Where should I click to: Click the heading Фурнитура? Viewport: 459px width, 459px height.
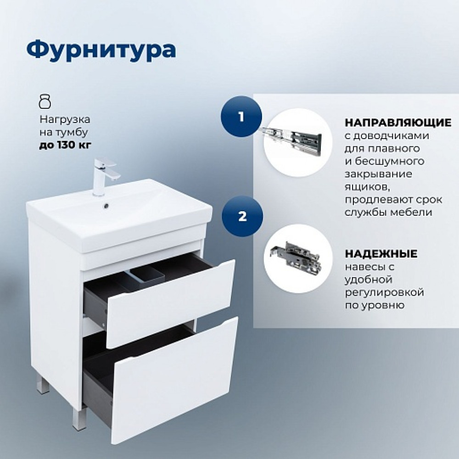(101, 50)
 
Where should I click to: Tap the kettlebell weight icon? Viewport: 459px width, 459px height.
(45, 101)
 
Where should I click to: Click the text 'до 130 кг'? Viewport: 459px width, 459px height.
(65, 145)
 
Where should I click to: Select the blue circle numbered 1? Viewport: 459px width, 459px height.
(241, 117)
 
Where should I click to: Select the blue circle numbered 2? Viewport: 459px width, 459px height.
(242, 217)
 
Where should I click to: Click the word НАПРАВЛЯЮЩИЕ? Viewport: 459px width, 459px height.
(398, 123)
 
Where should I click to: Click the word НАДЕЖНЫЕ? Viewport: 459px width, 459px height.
(381, 253)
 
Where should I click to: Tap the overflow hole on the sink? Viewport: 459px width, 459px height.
(106, 206)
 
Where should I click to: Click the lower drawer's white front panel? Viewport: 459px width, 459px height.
(175, 380)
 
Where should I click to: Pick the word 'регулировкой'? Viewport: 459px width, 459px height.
(384, 292)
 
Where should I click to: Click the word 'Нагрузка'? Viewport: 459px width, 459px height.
(65, 120)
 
